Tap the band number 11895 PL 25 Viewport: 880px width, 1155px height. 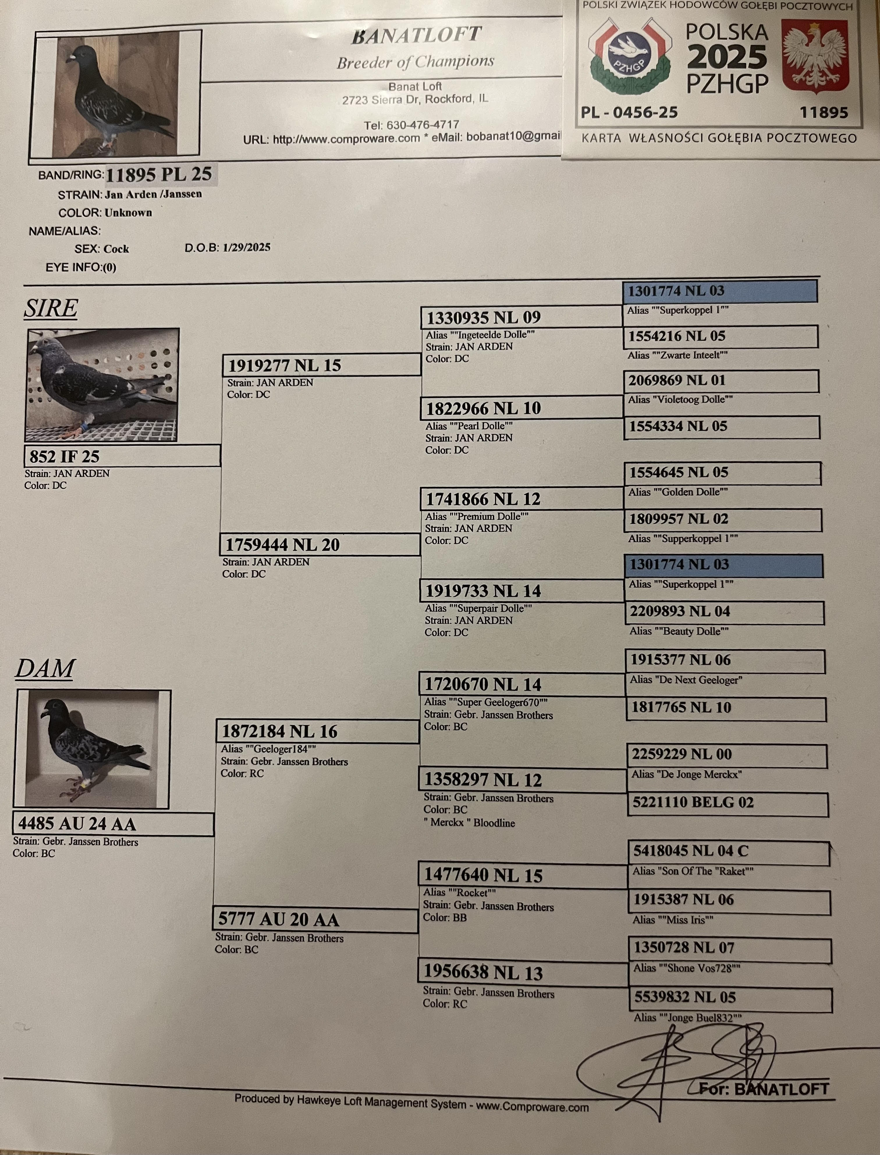[159, 174]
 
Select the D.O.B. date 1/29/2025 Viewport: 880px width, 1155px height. [246, 247]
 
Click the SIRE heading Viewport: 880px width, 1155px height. [51, 308]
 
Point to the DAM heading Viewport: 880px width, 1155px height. [45, 669]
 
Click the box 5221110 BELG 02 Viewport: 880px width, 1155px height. [727, 803]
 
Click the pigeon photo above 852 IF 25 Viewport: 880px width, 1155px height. [103, 385]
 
